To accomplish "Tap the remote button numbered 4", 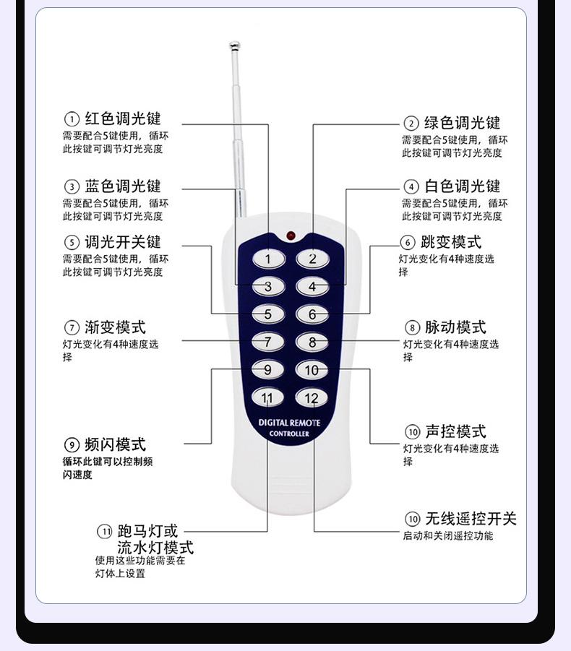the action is pos(312,287).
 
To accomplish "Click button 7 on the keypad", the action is pos(267,342).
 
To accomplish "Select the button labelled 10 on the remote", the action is pos(312,370).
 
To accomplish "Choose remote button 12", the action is pos(312,398).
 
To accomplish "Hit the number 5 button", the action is pos(267,314).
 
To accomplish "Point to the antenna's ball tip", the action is pos(233,48).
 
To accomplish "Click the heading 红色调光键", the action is pos(123,118).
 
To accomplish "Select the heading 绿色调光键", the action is pos(462,123).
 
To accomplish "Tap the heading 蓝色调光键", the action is pos(123,186).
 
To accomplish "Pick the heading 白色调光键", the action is pos(462,186).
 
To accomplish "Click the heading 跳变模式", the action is pos(451,242).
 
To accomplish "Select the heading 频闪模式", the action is pos(115,444).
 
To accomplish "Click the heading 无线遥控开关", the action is pos(471,519).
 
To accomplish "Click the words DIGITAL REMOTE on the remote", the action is pos(289,422).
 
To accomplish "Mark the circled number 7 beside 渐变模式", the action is pos(72,328).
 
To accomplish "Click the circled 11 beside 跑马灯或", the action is pos(105,533).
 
